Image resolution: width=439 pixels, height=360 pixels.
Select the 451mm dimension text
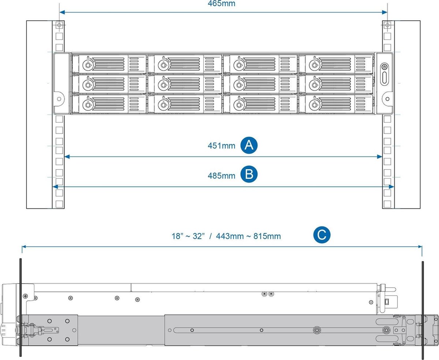pos(221,146)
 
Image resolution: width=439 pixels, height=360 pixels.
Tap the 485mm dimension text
pos(221,176)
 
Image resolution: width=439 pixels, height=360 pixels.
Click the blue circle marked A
pos(249,145)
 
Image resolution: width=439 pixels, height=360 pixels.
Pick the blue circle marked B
pos(249,174)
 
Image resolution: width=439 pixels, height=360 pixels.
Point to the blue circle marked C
pos(322,235)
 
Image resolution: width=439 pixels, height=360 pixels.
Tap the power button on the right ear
pos(384,67)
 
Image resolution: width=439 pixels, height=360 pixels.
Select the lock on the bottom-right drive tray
pos(313,105)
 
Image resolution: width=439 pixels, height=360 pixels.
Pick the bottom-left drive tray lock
pos(87,105)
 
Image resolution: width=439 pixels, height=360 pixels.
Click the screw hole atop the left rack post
pos(59,26)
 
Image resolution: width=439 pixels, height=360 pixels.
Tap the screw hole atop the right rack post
pos(387,26)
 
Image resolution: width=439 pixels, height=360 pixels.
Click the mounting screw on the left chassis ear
pos(58,99)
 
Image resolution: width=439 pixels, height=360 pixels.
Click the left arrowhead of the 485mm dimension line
pos(55,186)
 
